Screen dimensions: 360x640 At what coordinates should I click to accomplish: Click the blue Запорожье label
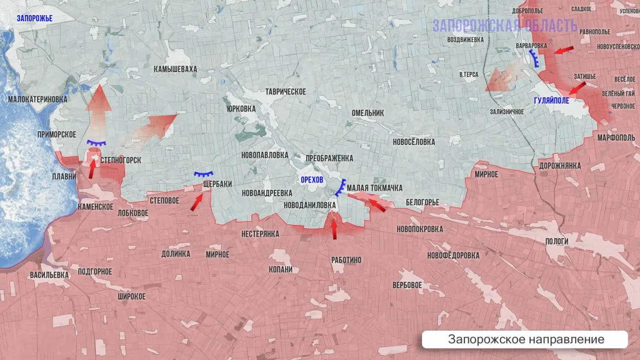click(x=35, y=19)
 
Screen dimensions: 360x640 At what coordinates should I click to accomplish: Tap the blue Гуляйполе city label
click(x=551, y=101)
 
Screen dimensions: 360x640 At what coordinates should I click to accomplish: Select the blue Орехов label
click(x=312, y=180)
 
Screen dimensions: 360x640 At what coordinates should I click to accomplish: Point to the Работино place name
click(x=346, y=260)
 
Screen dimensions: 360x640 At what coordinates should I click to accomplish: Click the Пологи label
click(x=557, y=241)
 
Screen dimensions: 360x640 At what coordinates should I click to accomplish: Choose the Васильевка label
click(x=49, y=274)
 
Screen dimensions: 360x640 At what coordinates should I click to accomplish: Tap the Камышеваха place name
click(x=175, y=69)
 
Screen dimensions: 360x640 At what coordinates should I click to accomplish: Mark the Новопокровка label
click(x=419, y=229)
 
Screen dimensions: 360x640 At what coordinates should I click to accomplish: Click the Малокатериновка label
click(x=37, y=99)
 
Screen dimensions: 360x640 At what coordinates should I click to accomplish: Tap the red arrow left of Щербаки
click(x=196, y=200)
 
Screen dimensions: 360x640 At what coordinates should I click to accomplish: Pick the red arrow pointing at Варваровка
click(x=563, y=50)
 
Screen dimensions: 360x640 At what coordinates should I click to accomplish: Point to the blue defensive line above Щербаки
click(x=204, y=174)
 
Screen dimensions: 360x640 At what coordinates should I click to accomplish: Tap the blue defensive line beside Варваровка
click(x=535, y=59)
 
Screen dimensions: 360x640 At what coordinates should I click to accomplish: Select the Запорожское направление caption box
click(x=525, y=339)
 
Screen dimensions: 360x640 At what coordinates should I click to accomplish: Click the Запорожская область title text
click(x=505, y=26)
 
